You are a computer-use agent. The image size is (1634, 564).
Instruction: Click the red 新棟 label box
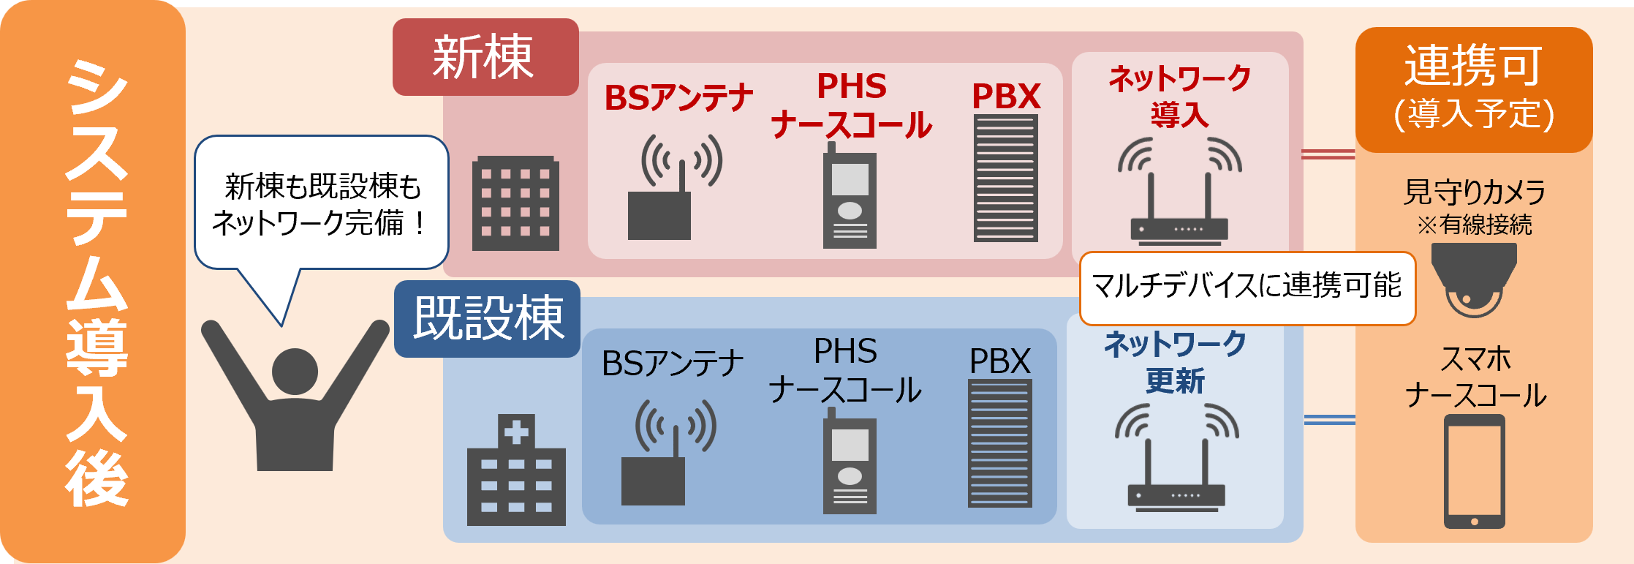(x=485, y=57)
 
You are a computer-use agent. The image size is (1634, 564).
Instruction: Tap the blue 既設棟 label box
(x=487, y=319)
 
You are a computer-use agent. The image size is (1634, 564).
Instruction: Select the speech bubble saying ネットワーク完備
(x=322, y=203)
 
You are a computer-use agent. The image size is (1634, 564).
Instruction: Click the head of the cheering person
(x=295, y=372)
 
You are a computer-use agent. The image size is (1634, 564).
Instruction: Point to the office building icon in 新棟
(x=515, y=203)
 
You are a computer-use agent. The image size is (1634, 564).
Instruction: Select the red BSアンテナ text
(x=678, y=98)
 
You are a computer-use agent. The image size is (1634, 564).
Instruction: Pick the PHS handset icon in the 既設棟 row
(x=850, y=462)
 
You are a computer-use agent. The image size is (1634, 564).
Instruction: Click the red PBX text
(x=1006, y=97)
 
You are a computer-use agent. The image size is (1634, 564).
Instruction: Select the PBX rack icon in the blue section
(x=1000, y=443)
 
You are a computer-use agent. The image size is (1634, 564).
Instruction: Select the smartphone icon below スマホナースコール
(x=1474, y=471)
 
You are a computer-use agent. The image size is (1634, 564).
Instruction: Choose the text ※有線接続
(x=1474, y=225)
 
